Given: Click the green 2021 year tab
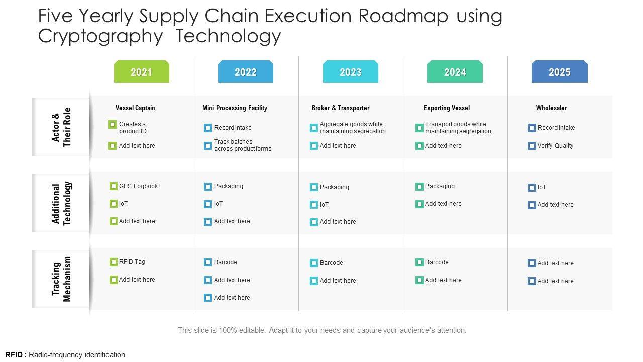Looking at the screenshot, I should tap(141, 72).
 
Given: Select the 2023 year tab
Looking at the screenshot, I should tap(350, 72).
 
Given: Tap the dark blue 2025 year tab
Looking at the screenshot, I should tap(559, 72).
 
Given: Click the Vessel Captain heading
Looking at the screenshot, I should tap(135, 108).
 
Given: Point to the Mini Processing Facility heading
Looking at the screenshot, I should tap(235, 108).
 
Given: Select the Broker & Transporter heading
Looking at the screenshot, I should tap(341, 108).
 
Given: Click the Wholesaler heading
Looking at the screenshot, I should tap(551, 108).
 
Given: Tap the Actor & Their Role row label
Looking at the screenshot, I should tap(61, 127).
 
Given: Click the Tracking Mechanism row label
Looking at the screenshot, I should tap(61, 279).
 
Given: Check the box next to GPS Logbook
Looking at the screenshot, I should tap(114, 186).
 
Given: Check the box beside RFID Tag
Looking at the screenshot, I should tap(114, 262).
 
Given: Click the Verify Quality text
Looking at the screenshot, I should tap(555, 146).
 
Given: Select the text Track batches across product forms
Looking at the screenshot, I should tap(242, 145).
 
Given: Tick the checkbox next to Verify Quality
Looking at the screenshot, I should tap(532, 146).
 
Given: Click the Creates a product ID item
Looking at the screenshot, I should tap(132, 128).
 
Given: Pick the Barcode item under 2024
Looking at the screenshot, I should tap(437, 262).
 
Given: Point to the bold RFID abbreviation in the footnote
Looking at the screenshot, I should tap(14, 355).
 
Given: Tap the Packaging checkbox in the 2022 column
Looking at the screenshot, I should tap(208, 187).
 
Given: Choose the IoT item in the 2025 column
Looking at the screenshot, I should tap(542, 187).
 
